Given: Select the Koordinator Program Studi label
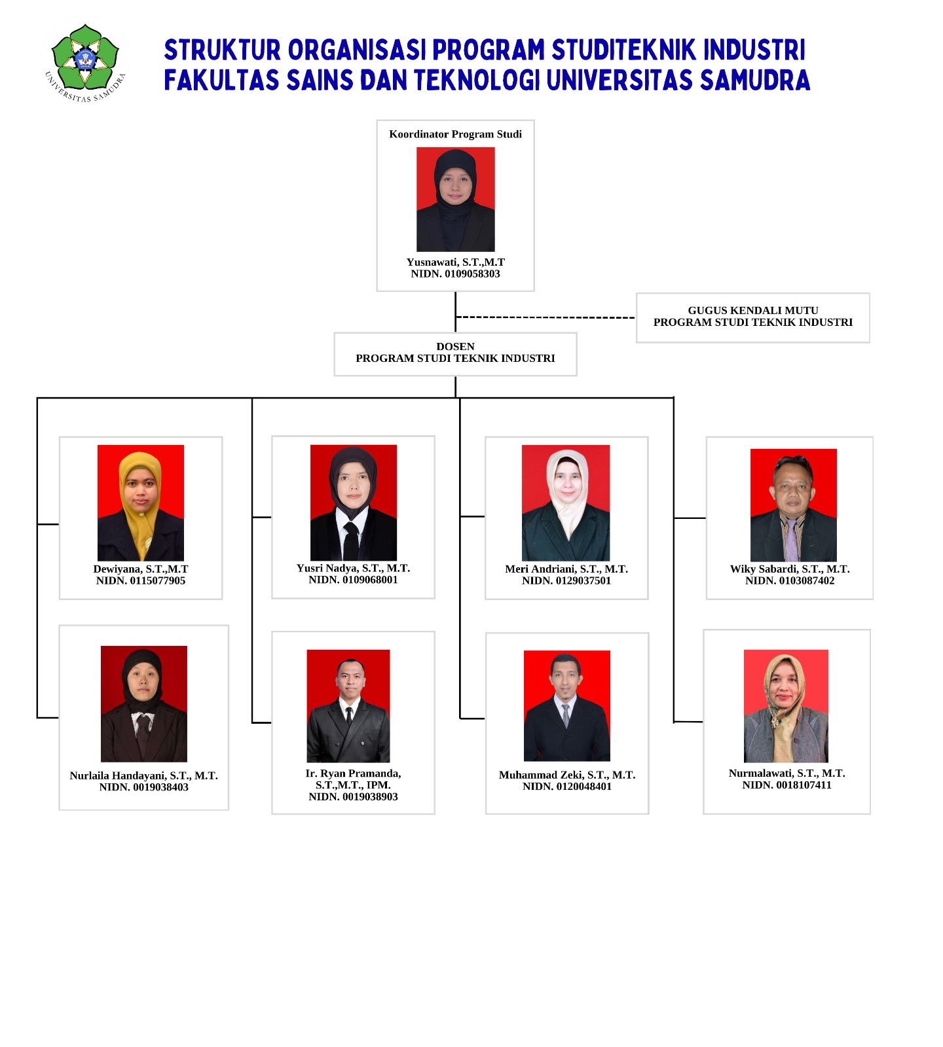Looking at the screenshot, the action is click(455, 134).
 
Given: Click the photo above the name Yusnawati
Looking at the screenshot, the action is click(456, 200).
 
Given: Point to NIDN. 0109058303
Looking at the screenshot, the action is click(455, 274).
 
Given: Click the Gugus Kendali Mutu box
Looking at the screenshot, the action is click(753, 317).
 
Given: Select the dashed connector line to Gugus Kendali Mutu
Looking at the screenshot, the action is click(545, 317).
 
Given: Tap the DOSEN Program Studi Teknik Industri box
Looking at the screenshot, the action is click(455, 354).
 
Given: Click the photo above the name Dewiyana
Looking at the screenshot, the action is click(141, 503).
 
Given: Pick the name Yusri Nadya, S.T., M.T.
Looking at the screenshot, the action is click(353, 568).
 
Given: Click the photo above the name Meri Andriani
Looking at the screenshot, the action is click(566, 503).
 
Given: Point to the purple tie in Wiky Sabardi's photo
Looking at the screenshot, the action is click(792, 540).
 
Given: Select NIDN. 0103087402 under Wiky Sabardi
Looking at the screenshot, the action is click(790, 581).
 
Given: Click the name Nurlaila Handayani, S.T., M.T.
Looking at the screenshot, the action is click(143, 775).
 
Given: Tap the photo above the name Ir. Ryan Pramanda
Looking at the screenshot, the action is click(348, 706).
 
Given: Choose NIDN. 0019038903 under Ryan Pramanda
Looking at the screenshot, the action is click(353, 797).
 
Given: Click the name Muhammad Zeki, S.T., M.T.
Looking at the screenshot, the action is click(567, 775).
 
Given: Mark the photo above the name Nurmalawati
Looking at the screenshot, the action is click(786, 706).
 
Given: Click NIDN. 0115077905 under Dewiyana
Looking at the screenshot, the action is click(141, 581).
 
